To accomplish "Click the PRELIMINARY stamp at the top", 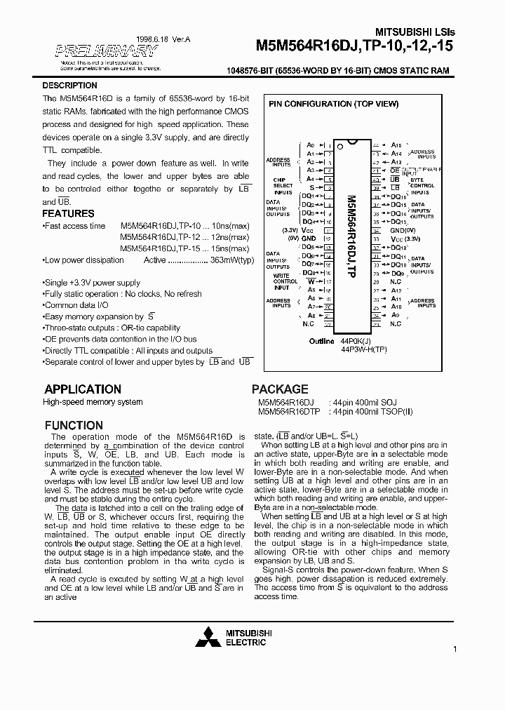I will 105,51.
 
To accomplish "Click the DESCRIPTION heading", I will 70,86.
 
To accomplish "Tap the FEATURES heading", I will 68,213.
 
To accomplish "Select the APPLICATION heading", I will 83,389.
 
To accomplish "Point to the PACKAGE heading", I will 280,389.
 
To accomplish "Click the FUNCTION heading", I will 74,425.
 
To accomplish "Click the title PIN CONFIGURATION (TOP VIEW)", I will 334,104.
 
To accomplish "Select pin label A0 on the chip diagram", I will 311,145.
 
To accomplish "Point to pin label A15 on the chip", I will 396,145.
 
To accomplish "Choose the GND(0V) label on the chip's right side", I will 403,230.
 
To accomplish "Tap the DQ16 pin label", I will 398,196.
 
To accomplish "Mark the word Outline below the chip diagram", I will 322,341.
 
